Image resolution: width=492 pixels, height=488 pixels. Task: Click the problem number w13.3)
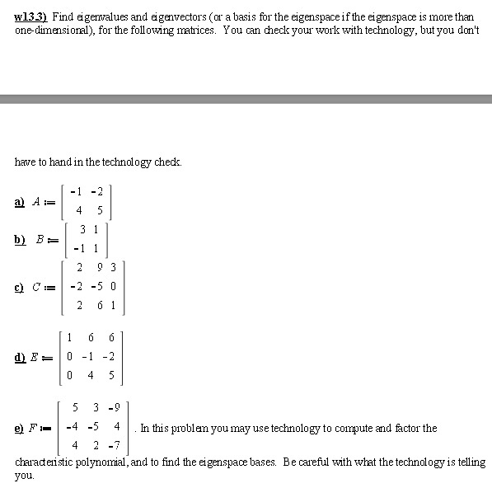click(x=30, y=16)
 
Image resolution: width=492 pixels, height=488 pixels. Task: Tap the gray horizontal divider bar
click(x=246, y=99)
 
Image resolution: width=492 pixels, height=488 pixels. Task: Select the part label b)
click(x=20, y=239)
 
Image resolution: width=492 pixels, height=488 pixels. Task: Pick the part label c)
click(x=20, y=287)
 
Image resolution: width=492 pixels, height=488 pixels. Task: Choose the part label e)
click(x=20, y=428)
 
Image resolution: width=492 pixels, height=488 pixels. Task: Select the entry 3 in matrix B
click(x=83, y=228)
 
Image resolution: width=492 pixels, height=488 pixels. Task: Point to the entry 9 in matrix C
click(x=100, y=267)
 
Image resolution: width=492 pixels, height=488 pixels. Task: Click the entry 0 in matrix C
click(x=113, y=286)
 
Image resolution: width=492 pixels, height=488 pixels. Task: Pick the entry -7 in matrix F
click(x=115, y=446)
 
